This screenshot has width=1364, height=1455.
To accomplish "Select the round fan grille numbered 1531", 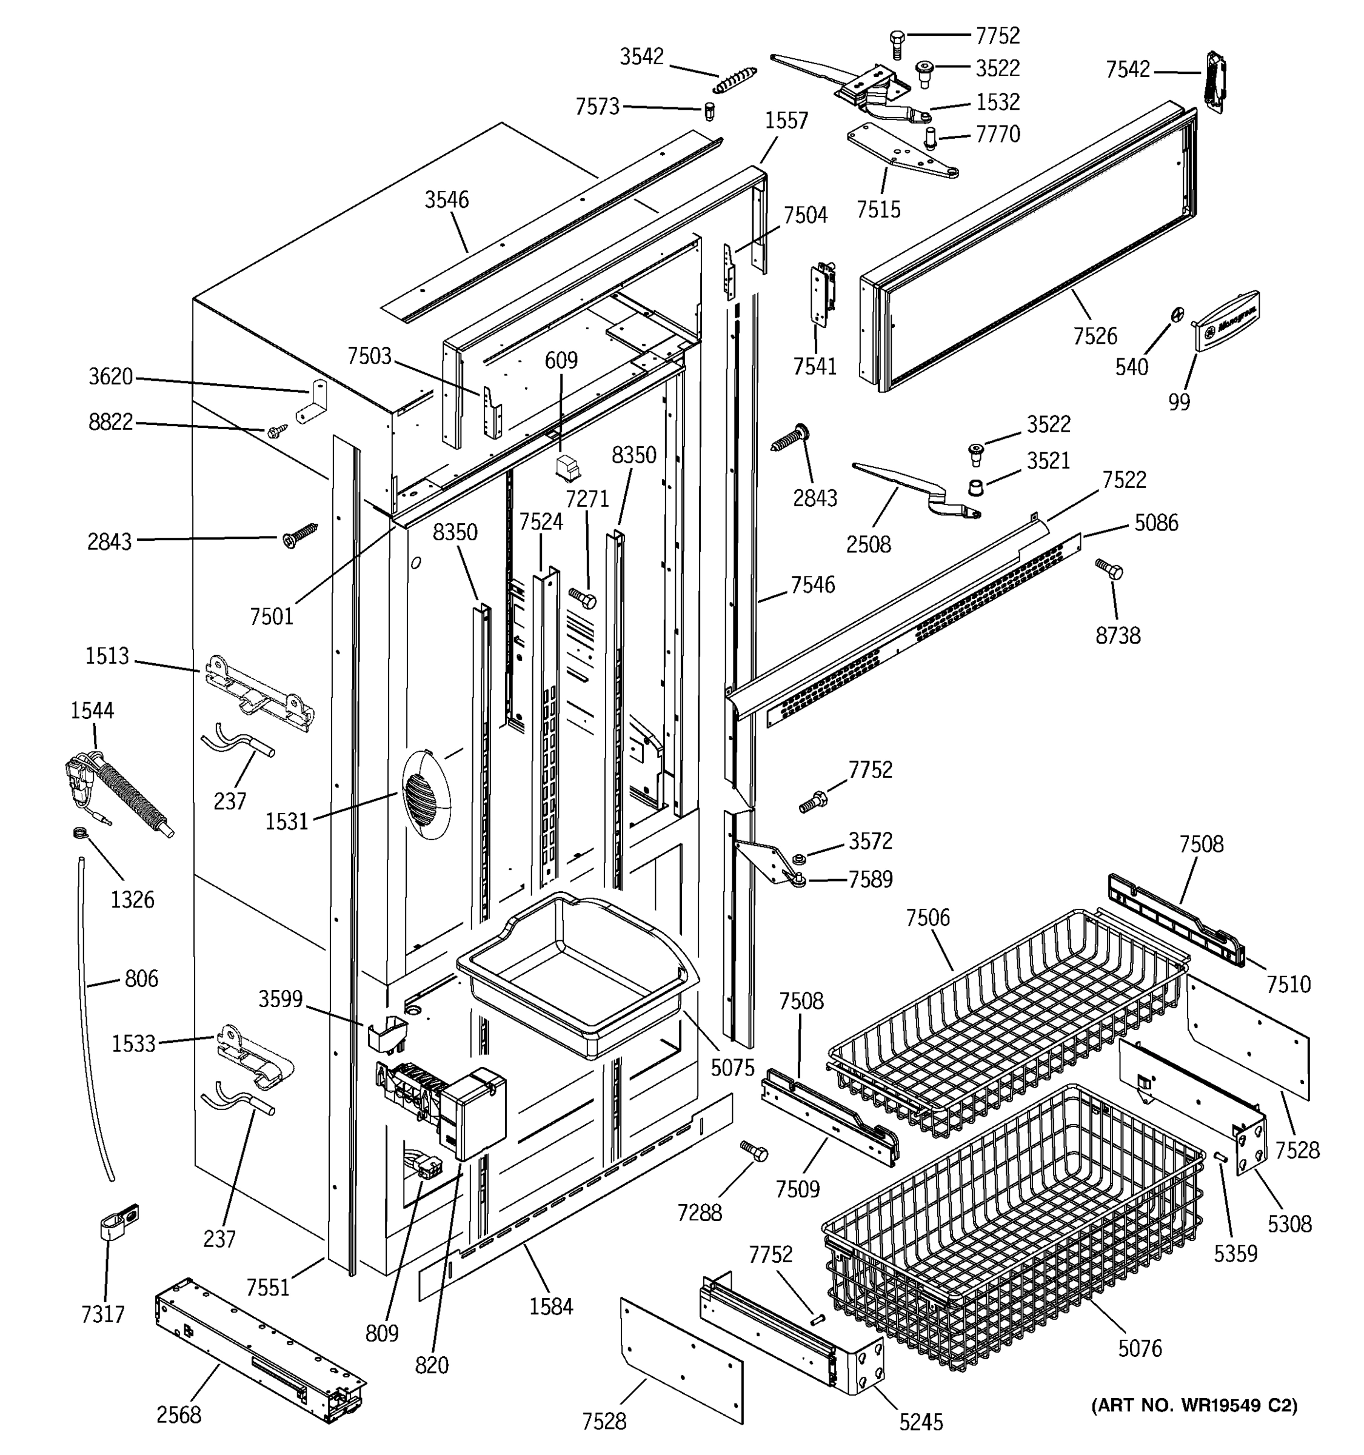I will pos(426,794).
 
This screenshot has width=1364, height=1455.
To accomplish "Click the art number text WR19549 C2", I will pos(1194,1405).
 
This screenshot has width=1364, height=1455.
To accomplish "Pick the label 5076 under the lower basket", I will pos(1139,1348).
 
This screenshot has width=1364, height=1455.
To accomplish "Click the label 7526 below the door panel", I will pos(1095,336).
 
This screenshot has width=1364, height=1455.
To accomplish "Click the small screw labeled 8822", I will pos(277,432).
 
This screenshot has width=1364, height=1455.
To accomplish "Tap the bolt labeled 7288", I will pos(754,1151).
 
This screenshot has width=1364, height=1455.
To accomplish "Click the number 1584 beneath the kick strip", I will pos(551,1306).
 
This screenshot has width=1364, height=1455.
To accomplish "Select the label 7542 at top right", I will pos(1128,70).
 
